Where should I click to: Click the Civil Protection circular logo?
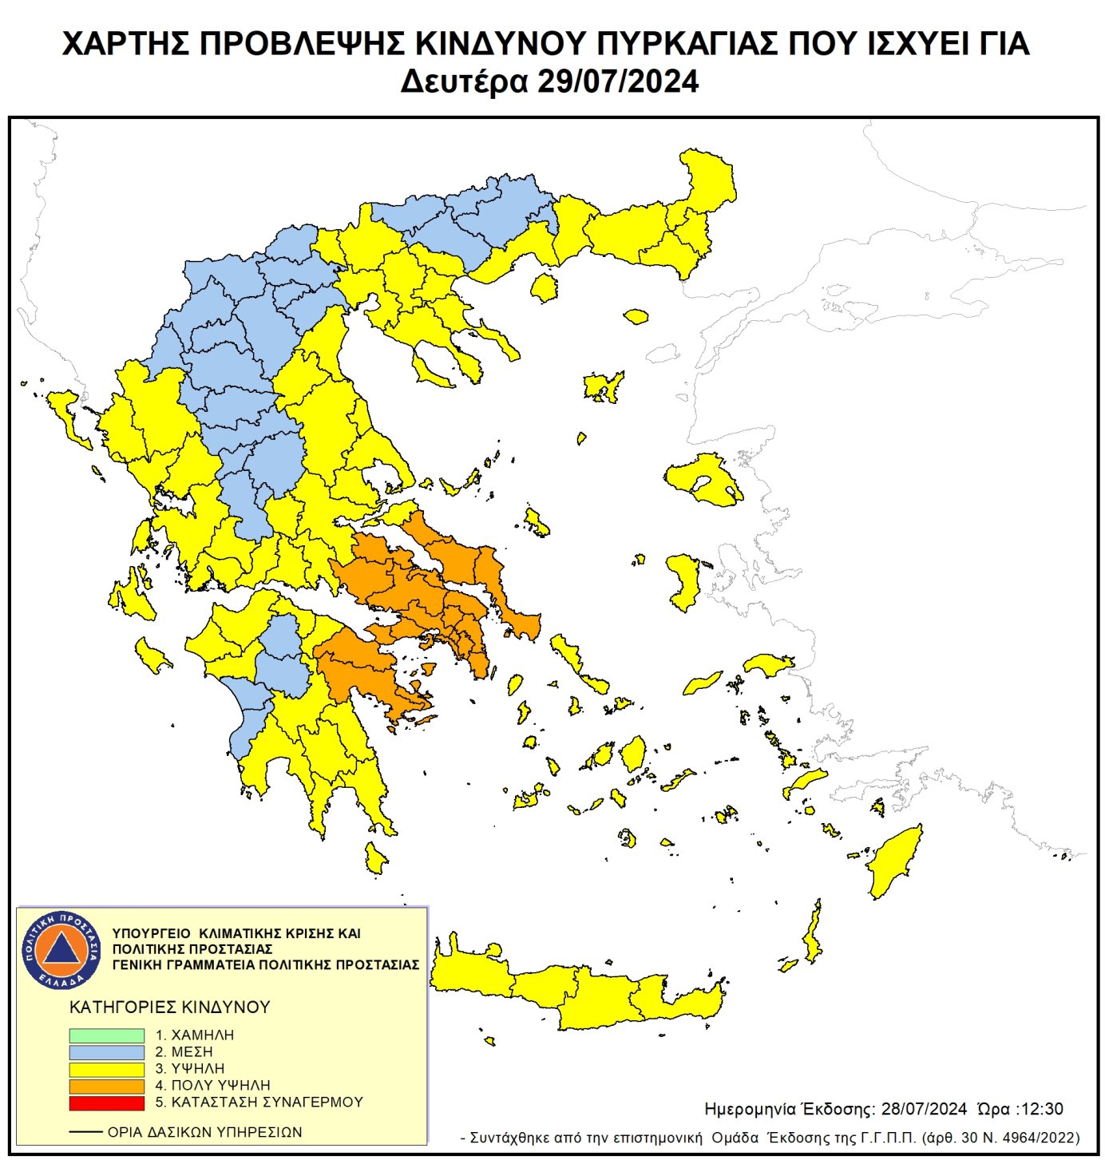point(61,949)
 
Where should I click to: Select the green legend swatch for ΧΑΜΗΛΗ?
point(106,1035)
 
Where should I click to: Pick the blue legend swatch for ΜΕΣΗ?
point(106,1052)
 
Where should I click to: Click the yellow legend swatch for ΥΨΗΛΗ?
point(106,1069)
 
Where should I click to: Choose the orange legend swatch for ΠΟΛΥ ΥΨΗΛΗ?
point(106,1086)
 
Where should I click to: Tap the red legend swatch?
point(106,1103)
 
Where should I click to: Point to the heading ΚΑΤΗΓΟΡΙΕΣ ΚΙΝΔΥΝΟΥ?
point(170,1008)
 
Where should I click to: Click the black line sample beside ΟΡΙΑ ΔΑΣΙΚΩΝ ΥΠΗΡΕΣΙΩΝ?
point(85,1132)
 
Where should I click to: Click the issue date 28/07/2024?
point(924,1109)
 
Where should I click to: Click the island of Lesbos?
point(703,477)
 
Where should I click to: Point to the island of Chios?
point(684,580)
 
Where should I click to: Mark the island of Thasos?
point(545,287)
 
